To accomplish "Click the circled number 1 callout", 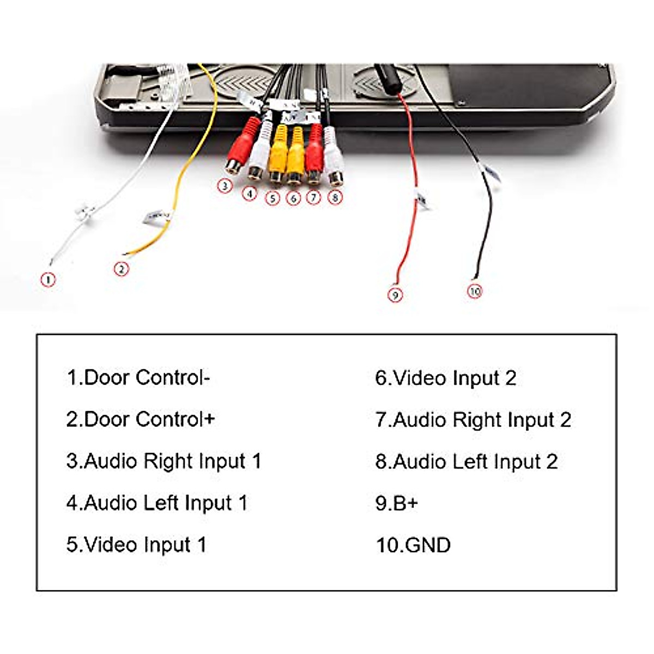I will (49, 280).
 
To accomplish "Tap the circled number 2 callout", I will (121, 269).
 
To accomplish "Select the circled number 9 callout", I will (395, 295).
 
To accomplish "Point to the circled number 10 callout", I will (475, 291).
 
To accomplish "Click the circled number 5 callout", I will (272, 198).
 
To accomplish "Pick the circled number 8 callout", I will (335, 197).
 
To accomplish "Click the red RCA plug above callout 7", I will (315, 151).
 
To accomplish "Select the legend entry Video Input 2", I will (445, 378).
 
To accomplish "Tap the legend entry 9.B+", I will (396, 502).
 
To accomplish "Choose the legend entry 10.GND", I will (413, 544).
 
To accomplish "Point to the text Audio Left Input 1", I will (157, 502).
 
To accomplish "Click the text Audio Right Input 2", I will (473, 420).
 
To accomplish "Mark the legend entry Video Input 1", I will (136, 544).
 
